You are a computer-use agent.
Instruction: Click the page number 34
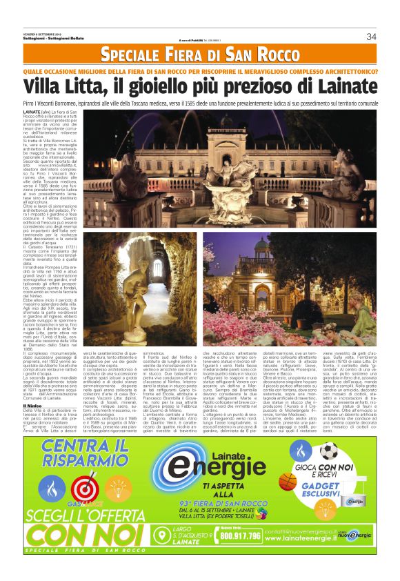coord(371,37)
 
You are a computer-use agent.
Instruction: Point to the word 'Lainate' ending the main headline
coord(339,88)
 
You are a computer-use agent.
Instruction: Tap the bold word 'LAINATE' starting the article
coord(32,111)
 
